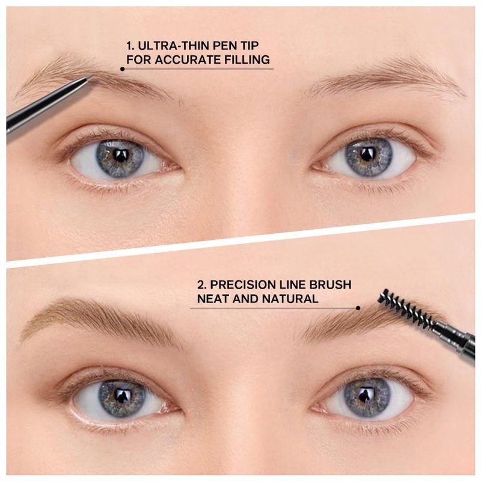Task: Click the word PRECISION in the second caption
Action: click(x=242, y=284)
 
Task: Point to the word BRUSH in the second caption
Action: click(x=330, y=284)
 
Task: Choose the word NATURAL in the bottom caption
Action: click(x=290, y=298)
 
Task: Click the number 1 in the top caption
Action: click(x=130, y=46)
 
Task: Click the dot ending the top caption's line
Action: click(x=123, y=69)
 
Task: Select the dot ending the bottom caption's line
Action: click(x=358, y=308)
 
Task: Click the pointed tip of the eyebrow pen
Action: click(x=94, y=76)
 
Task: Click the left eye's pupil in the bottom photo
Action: click(x=123, y=396)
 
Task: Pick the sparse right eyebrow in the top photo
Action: click(x=387, y=77)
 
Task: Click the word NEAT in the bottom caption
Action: click(x=213, y=298)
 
